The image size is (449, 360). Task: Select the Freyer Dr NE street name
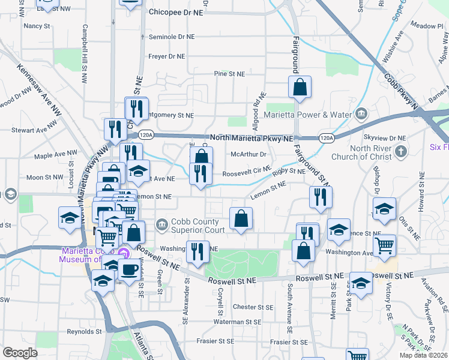click(167, 57)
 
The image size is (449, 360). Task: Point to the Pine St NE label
click(230, 74)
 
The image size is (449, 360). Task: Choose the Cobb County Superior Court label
click(199, 226)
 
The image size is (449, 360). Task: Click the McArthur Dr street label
click(249, 154)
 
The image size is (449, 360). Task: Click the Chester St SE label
click(253, 307)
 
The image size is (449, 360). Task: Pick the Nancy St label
click(37, 26)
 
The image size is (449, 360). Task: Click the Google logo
click(19, 353)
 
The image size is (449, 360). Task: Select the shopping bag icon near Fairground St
click(300, 88)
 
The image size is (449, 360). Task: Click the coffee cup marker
click(129, 269)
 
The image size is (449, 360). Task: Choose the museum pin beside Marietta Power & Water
click(361, 113)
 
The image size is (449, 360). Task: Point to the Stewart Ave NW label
click(34, 130)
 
